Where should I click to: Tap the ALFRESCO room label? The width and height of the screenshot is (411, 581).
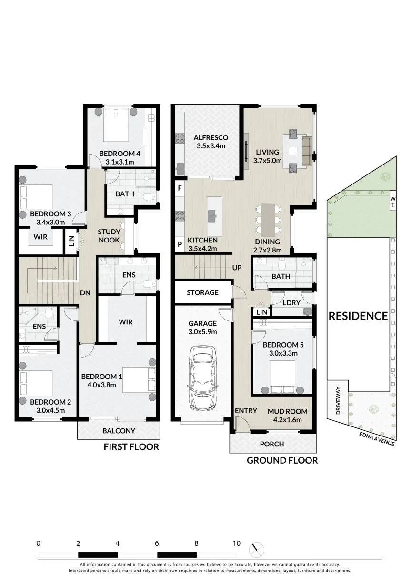(211, 137)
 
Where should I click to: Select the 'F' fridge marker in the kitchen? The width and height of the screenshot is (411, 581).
(180, 188)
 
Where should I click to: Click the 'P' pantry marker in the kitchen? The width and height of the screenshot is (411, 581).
(180, 244)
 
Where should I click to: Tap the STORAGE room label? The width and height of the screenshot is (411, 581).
(202, 292)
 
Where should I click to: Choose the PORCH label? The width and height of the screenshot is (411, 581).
(272, 444)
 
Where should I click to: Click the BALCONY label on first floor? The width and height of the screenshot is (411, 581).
(119, 431)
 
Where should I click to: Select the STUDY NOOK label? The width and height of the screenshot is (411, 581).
(109, 236)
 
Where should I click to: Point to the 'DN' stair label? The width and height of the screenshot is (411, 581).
(85, 293)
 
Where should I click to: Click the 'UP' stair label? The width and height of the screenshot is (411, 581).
(237, 268)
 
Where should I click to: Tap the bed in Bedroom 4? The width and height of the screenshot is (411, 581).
(116, 125)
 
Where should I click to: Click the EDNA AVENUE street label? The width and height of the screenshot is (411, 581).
(377, 439)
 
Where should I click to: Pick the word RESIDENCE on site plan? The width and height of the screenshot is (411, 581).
(358, 316)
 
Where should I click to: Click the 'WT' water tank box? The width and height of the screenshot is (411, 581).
(393, 202)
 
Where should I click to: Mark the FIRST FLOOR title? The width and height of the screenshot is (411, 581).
(131, 447)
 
